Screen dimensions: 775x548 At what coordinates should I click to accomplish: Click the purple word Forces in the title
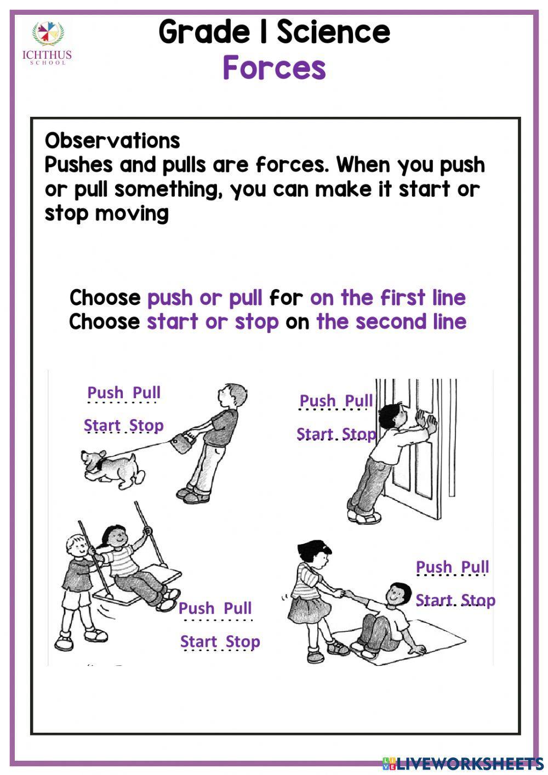coord(274,69)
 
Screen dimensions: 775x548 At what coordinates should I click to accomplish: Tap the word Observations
coord(112,141)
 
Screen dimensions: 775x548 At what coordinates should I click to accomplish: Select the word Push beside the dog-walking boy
coord(105,393)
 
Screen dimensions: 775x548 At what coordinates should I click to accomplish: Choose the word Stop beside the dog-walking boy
coord(146,426)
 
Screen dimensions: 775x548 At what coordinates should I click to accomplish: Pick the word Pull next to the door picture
coord(358,401)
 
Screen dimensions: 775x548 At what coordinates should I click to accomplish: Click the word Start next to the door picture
coord(315,434)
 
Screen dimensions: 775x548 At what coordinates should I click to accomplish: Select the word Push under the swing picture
coord(196,608)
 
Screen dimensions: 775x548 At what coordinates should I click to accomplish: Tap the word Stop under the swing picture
coord(243,642)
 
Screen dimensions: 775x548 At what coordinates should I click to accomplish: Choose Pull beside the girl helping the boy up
coord(475,567)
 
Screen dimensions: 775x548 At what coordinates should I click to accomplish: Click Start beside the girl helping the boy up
coord(434,601)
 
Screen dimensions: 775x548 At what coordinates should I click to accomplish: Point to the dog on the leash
coord(112,469)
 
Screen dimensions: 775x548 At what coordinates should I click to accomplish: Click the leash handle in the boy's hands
coord(182,442)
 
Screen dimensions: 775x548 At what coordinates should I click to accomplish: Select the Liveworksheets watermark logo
coord(463,763)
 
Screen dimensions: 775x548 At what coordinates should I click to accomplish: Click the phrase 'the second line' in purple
coord(391,321)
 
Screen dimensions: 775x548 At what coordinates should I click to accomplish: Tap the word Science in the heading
coord(333,32)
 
